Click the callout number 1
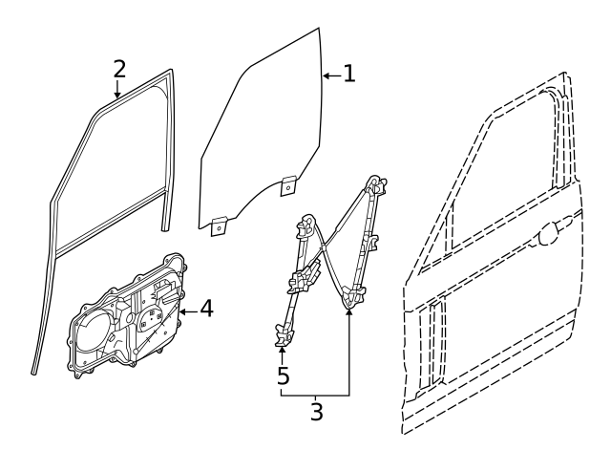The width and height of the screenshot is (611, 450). point(349,74)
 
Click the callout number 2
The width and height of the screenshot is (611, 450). point(119,69)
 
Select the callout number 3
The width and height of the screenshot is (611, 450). point(316,412)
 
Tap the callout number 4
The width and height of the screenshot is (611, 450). point(206,309)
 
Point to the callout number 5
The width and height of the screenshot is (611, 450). point(284,375)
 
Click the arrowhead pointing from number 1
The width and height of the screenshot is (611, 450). point(327,75)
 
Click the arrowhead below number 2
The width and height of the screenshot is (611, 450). point(116,94)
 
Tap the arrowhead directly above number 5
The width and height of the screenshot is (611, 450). point(283,350)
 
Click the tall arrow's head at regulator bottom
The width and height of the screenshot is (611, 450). point(348,311)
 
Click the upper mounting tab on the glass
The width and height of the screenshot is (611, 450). point(288,185)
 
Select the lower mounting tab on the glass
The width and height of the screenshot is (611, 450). point(219,226)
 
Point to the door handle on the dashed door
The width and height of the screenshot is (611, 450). point(551,234)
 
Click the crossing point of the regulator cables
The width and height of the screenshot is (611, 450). point(323,246)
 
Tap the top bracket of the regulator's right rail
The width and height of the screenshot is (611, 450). point(376,185)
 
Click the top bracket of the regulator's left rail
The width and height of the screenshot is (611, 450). point(306,225)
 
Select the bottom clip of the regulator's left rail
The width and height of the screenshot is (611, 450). point(284,334)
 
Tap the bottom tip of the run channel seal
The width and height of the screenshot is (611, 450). point(33,374)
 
